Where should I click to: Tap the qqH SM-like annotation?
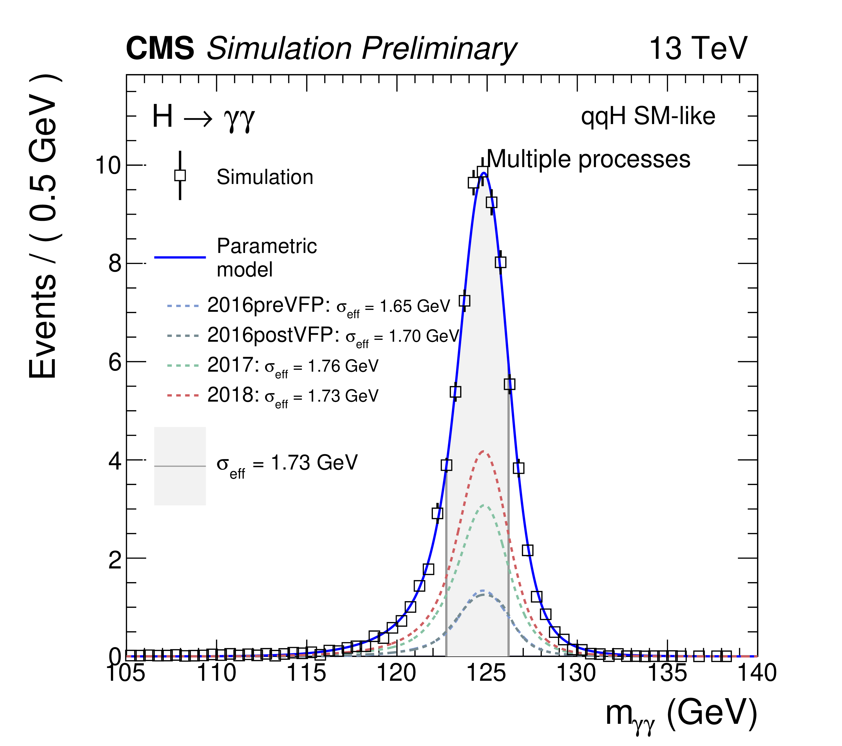click(648, 116)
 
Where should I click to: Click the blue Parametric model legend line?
click(180, 257)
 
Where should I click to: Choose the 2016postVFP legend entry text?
click(333, 336)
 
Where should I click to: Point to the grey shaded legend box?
click(180, 466)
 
